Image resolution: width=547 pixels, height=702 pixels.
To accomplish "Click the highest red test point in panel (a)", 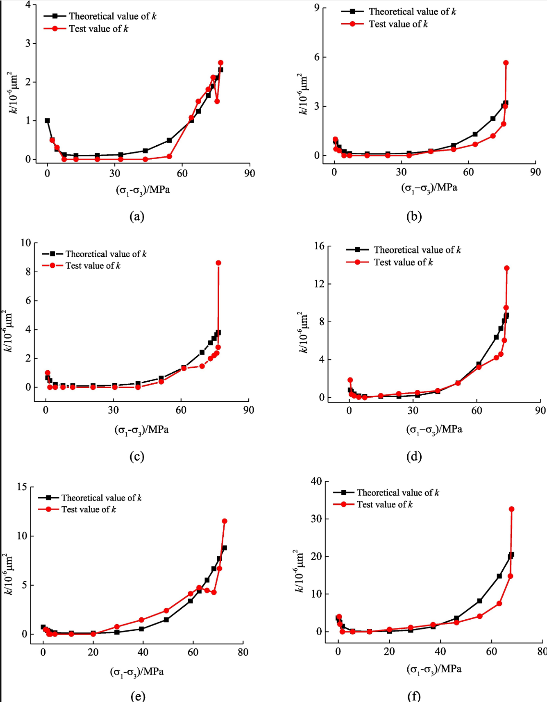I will pyautogui.click(x=221, y=63).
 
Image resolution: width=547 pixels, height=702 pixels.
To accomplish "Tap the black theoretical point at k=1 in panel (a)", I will pyautogui.click(x=47, y=121).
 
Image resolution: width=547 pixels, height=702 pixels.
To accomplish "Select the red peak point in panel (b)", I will pyautogui.click(x=506, y=63).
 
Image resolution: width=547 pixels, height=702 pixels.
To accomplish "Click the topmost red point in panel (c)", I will pyautogui.click(x=219, y=263).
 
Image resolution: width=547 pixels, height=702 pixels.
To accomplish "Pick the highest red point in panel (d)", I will pyautogui.click(x=507, y=268).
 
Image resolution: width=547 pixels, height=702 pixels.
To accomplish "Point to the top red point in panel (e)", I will pyautogui.click(x=224, y=521).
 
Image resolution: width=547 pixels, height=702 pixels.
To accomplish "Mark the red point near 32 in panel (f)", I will pyautogui.click(x=511, y=509).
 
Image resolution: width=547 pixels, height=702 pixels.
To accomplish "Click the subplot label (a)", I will pyautogui.click(x=137, y=216).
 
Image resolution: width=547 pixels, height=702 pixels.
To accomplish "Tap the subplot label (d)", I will pyautogui.click(x=413, y=456).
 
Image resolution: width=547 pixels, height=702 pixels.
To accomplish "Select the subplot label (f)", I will pyautogui.click(x=413, y=696).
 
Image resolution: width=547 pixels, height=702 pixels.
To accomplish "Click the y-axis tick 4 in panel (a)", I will pyautogui.click(x=28, y=5).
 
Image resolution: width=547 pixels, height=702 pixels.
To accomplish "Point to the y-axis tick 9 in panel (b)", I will pyautogui.click(x=317, y=8).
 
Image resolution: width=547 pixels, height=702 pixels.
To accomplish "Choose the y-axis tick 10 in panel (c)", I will pyautogui.click(x=25, y=243).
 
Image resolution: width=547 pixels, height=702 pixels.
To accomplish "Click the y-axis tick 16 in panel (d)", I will pyautogui.click(x=319, y=246).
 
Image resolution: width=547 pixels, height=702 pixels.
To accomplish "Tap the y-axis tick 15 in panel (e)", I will pyautogui.click(x=22, y=487).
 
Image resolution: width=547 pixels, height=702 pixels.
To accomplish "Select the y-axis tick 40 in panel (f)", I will pyautogui.click(x=316, y=481).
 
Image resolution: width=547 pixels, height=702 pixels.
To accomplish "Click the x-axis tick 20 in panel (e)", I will pyautogui.click(x=93, y=652).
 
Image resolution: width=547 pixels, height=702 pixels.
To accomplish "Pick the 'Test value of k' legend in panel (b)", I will pyautogui.click(x=398, y=24).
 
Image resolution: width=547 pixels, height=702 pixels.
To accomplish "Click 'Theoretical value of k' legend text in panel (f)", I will pyautogui.click(x=398, y=493).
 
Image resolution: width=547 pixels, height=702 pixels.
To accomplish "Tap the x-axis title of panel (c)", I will pyautogui.click(x=142, y=429).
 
